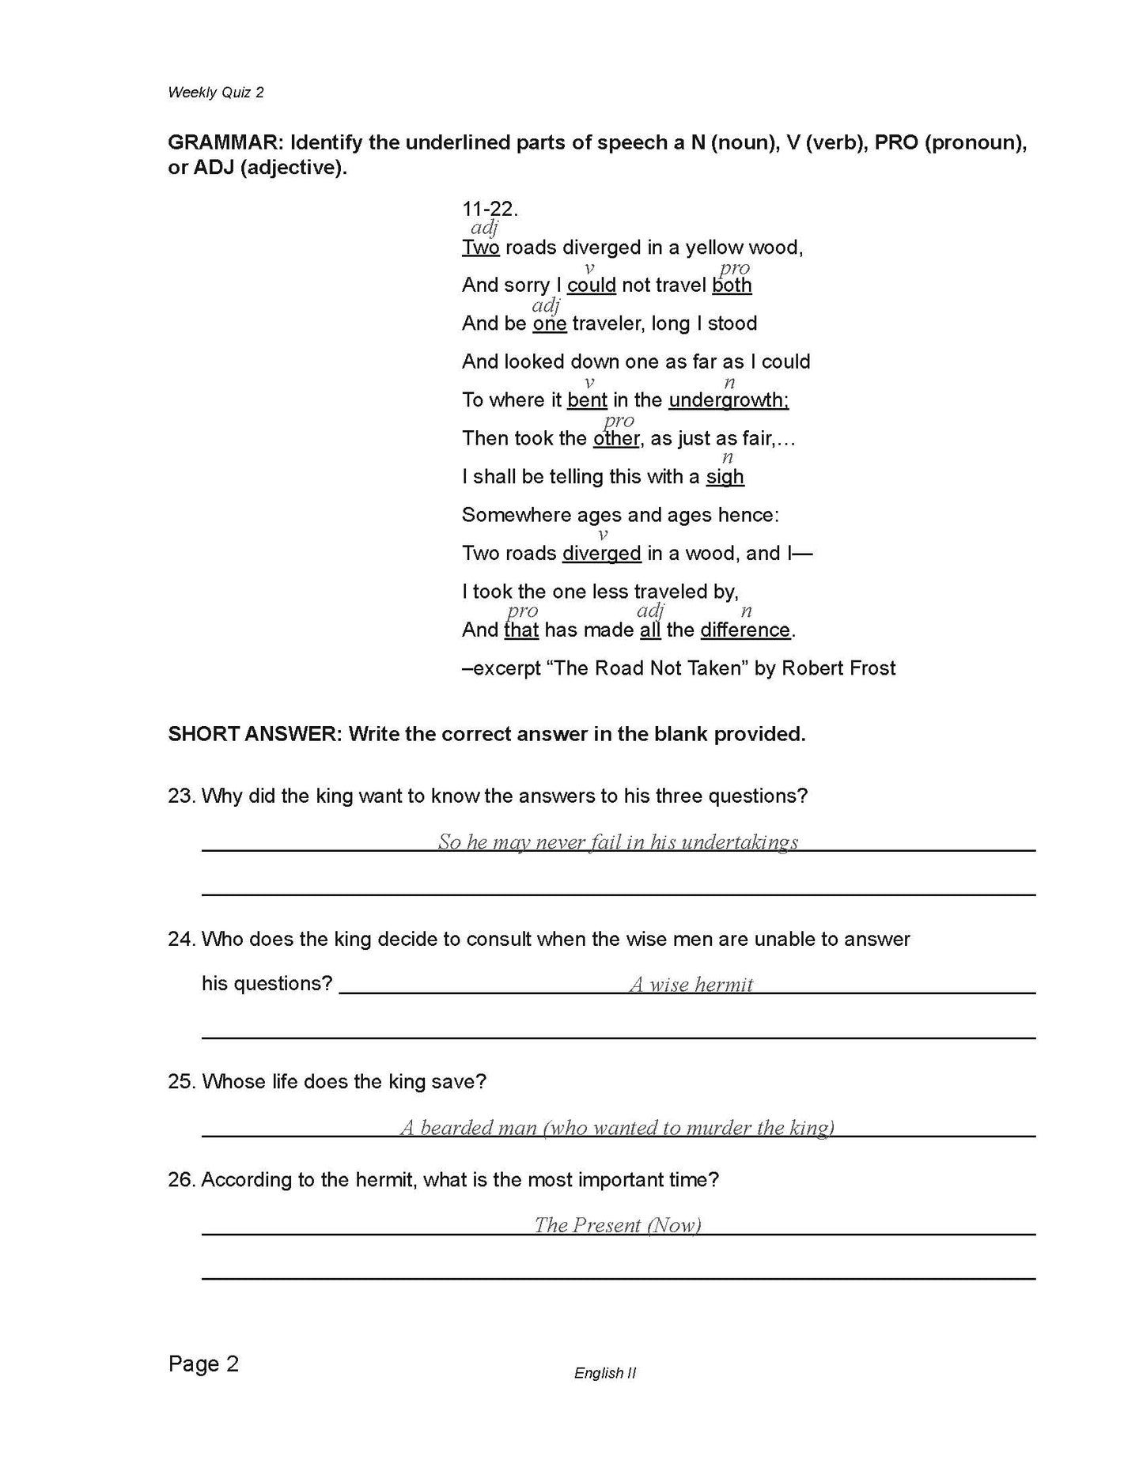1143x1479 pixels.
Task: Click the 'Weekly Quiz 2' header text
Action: (x=215, y=93)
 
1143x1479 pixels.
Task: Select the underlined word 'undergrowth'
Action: (x=728, y=400)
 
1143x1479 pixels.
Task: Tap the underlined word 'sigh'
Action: (x=725, y=477)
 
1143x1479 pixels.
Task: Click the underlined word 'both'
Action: (x=732, y=286)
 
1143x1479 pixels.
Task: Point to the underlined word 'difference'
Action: (x=745, y=630)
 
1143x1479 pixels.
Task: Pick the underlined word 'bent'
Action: (x=587, y=400)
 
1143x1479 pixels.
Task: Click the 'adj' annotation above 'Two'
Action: (x=484, y=229)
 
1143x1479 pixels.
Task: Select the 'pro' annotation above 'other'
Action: (x=619, y=421)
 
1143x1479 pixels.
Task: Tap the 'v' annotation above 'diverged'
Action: (x=602, y=535)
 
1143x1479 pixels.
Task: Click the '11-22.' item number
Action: (x=490, y=210)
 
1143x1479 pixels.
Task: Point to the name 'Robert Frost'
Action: (x=838, y=668)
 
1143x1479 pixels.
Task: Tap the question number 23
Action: (x=181, y=796)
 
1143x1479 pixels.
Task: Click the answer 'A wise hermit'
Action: (x=691, y=985)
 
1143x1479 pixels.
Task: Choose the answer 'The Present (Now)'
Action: (x=618, y=1225)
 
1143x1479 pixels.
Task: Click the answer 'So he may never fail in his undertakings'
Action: (x=618, y=842)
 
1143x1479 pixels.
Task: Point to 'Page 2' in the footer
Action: (x=203, y=1364)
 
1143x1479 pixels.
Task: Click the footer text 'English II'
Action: (x=605, y=1374)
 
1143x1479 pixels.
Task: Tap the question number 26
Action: (x=181, y=1180)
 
